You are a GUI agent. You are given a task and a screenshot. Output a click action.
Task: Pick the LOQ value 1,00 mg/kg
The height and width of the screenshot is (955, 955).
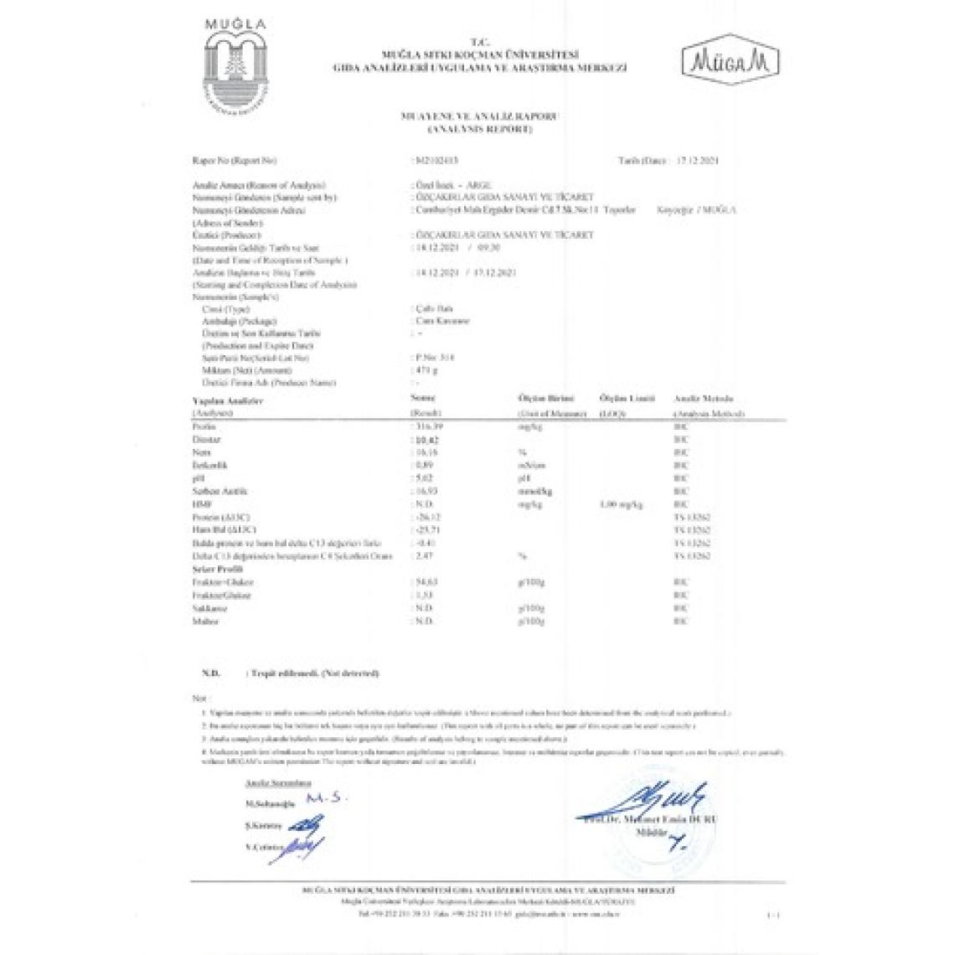click(621, 504)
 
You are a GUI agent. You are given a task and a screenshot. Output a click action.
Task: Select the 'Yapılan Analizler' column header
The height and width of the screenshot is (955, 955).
click(216, 401)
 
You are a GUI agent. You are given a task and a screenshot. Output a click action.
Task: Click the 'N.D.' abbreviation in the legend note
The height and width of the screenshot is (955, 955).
click(210, 674)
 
